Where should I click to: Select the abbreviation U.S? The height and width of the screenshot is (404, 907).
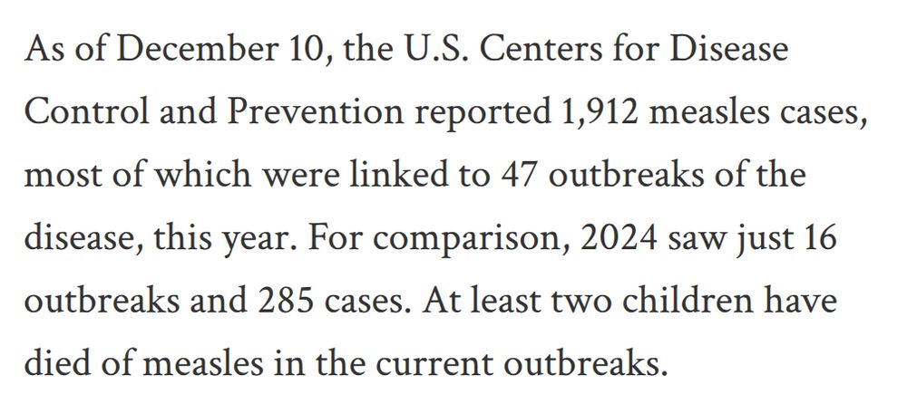click(431, 49)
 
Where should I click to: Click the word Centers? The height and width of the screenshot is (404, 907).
click(543, 49)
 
